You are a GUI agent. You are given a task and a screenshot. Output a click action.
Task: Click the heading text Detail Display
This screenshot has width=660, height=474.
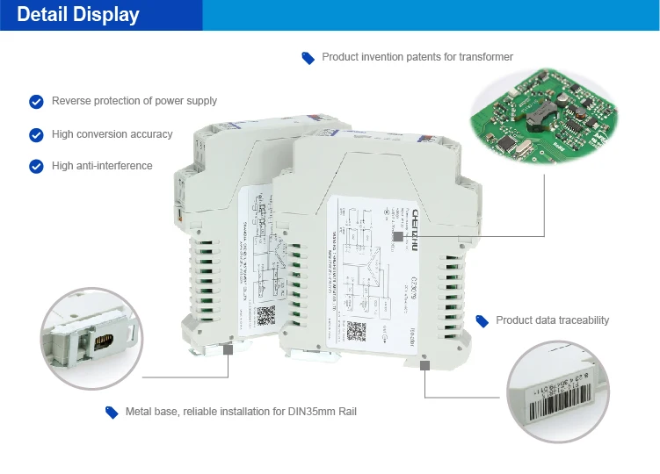point(78,15)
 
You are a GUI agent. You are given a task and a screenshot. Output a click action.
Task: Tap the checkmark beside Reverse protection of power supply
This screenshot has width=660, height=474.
point(36,102)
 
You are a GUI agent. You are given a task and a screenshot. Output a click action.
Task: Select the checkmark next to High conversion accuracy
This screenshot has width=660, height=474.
point(36,135)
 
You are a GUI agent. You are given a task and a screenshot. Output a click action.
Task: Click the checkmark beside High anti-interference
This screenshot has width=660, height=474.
point(36,166)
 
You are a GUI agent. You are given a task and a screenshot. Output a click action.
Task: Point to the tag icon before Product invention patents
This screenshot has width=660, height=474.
point(308,58)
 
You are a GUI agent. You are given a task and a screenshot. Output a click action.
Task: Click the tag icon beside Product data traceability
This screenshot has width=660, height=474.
point(482,320)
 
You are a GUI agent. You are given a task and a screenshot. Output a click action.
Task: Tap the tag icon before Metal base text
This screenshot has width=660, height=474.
point(112,412)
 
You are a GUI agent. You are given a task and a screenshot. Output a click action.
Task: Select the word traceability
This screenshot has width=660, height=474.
point(581,320)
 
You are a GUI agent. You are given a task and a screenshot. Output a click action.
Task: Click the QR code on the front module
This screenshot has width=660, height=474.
point(355,331)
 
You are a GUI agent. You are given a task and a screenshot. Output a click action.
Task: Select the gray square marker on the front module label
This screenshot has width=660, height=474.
point(398,236)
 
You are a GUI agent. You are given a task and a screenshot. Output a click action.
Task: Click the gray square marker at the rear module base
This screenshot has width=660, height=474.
point(228,348)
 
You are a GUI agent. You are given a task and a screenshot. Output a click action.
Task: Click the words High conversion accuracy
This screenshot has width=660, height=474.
point(112,134)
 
